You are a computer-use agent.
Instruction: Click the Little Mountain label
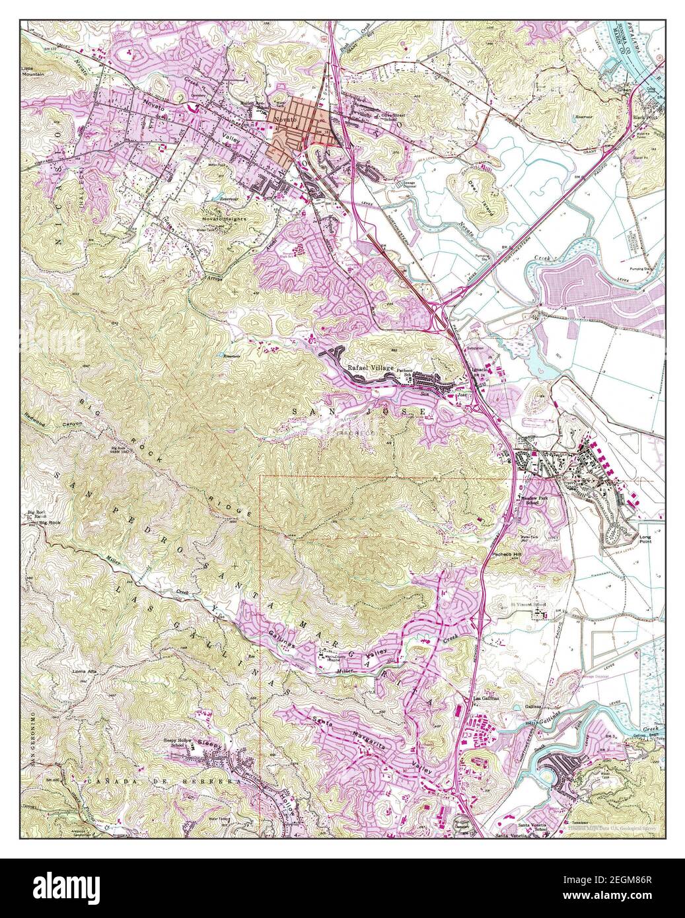click(32, 71)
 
